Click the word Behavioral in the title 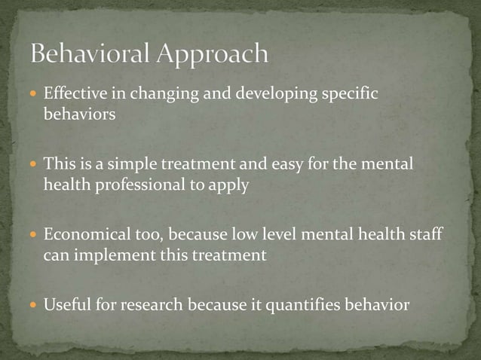click(91, 54)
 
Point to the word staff click(424, 234)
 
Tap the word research click(143, 304)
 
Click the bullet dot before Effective click(35, 95)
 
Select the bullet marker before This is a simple click(35, 164)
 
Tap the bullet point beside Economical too click(35, 234)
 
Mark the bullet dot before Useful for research click(35, 304)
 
